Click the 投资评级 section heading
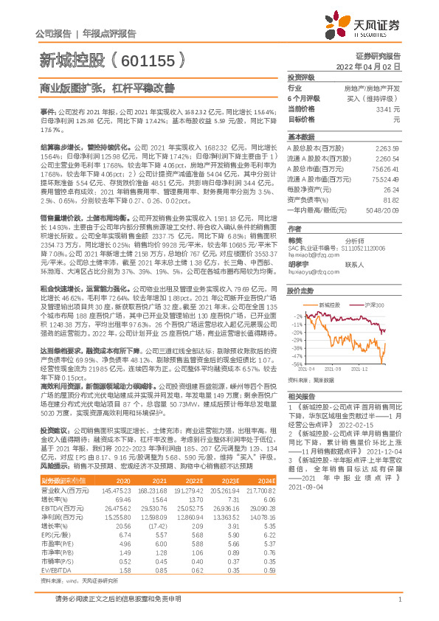point(301,77)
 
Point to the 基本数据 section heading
point(301,138)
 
